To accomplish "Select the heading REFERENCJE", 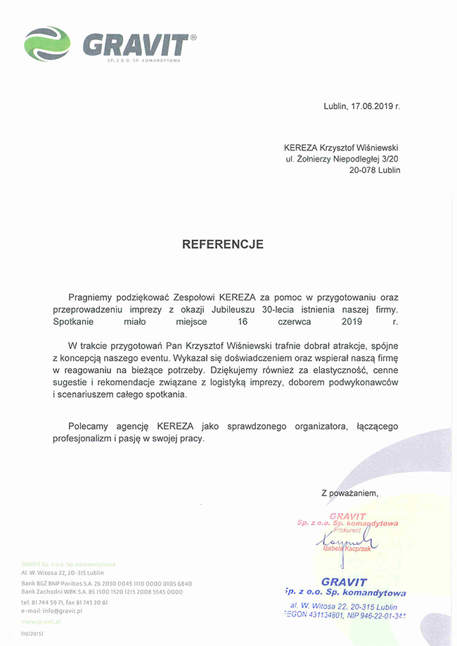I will [x=223, y=245].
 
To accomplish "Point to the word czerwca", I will [x=297, y=321].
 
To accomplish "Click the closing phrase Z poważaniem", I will [x=349, y=493].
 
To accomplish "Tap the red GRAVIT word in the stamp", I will [x=347, y=516].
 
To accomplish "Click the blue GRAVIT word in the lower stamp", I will [x=344, y=582].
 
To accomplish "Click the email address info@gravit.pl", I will [x=61, y=611].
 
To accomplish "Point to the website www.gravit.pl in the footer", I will [x=41, y=622].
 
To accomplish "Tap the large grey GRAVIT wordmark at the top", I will [x=136, y=44].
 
